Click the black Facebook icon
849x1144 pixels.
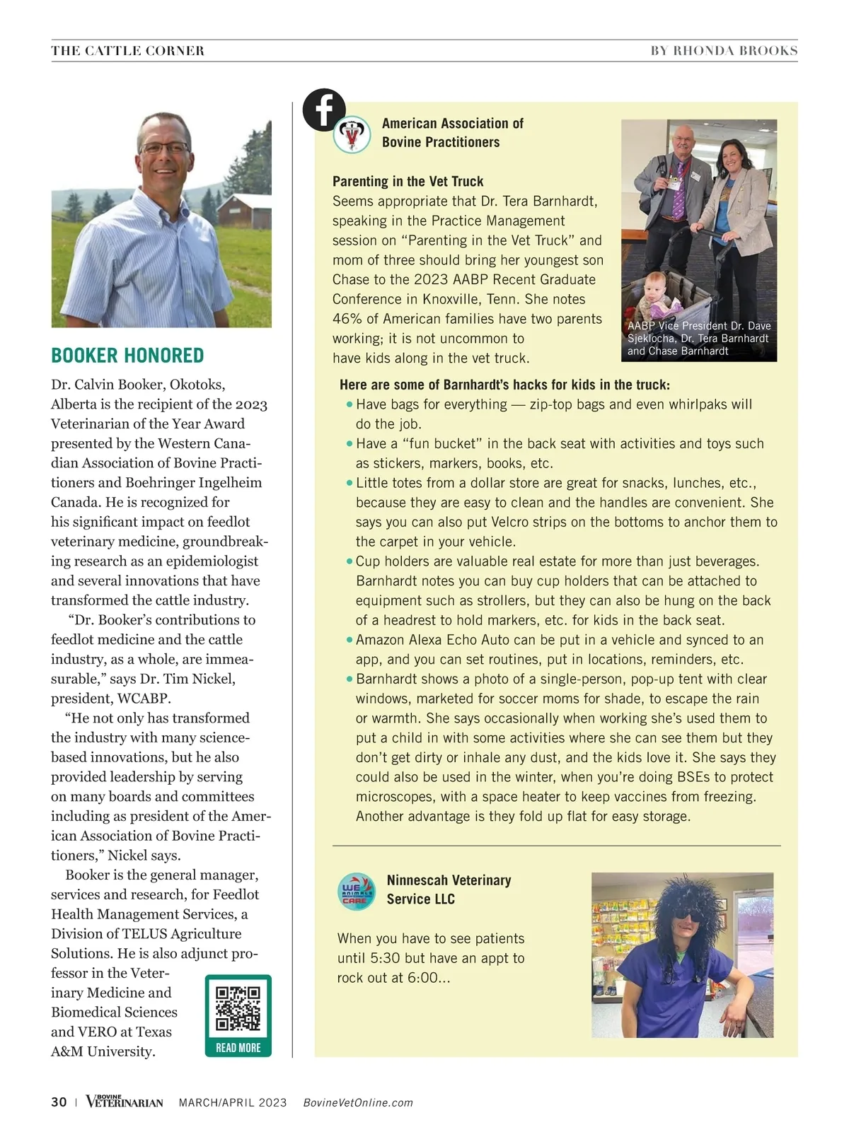click(324, 110)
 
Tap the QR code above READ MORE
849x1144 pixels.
click(238, 1008)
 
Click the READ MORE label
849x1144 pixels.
click(238, 1048)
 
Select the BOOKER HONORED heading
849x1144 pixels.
click(127, 356)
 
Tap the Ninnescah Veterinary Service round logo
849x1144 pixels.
click(357, 891)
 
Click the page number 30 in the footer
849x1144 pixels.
click(59, 1102)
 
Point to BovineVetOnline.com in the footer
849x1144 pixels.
click(358, 1103)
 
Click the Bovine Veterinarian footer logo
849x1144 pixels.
click(125, 1102)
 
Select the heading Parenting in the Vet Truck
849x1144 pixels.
click(408, 182)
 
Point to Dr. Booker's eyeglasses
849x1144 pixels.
click(164, 148)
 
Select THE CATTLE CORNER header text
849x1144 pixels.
click(128, 51)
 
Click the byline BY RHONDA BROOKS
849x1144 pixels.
click(724, 51)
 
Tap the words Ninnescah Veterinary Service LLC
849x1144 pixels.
click(449, 889)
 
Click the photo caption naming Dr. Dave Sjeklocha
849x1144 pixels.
click(699, 338)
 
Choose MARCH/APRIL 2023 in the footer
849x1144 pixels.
click(233, 1103)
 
